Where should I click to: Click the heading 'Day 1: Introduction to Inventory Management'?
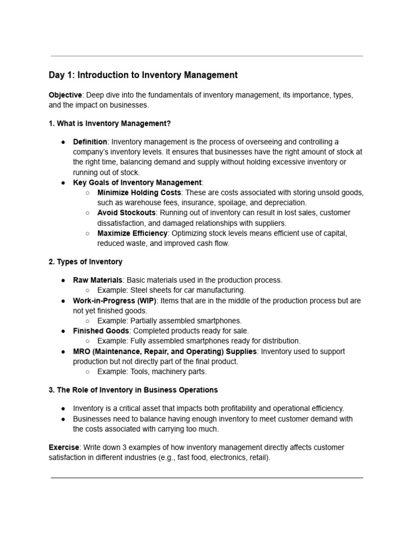pos(143,75)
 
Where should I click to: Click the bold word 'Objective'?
pos(65,95)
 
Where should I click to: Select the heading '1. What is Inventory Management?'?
pos(109,123)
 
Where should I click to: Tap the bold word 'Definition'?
pos(90,142)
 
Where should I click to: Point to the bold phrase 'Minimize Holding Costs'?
pos(139,192)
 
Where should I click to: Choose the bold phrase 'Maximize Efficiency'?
pos(133,233)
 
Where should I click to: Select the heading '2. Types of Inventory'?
pos(85,262)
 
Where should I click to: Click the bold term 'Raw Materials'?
pos(98,280)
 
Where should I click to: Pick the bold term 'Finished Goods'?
pos(101,331)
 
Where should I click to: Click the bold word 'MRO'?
pos(82,351)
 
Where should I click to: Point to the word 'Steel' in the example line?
pos(140,291)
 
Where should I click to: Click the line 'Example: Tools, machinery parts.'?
pos(152,371)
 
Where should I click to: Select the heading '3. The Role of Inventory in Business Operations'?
pos(133,390)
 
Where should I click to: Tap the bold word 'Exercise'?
pos(64,447)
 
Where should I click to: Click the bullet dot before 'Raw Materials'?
pos(63,280)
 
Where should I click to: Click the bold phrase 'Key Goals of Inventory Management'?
pos(137,183)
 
